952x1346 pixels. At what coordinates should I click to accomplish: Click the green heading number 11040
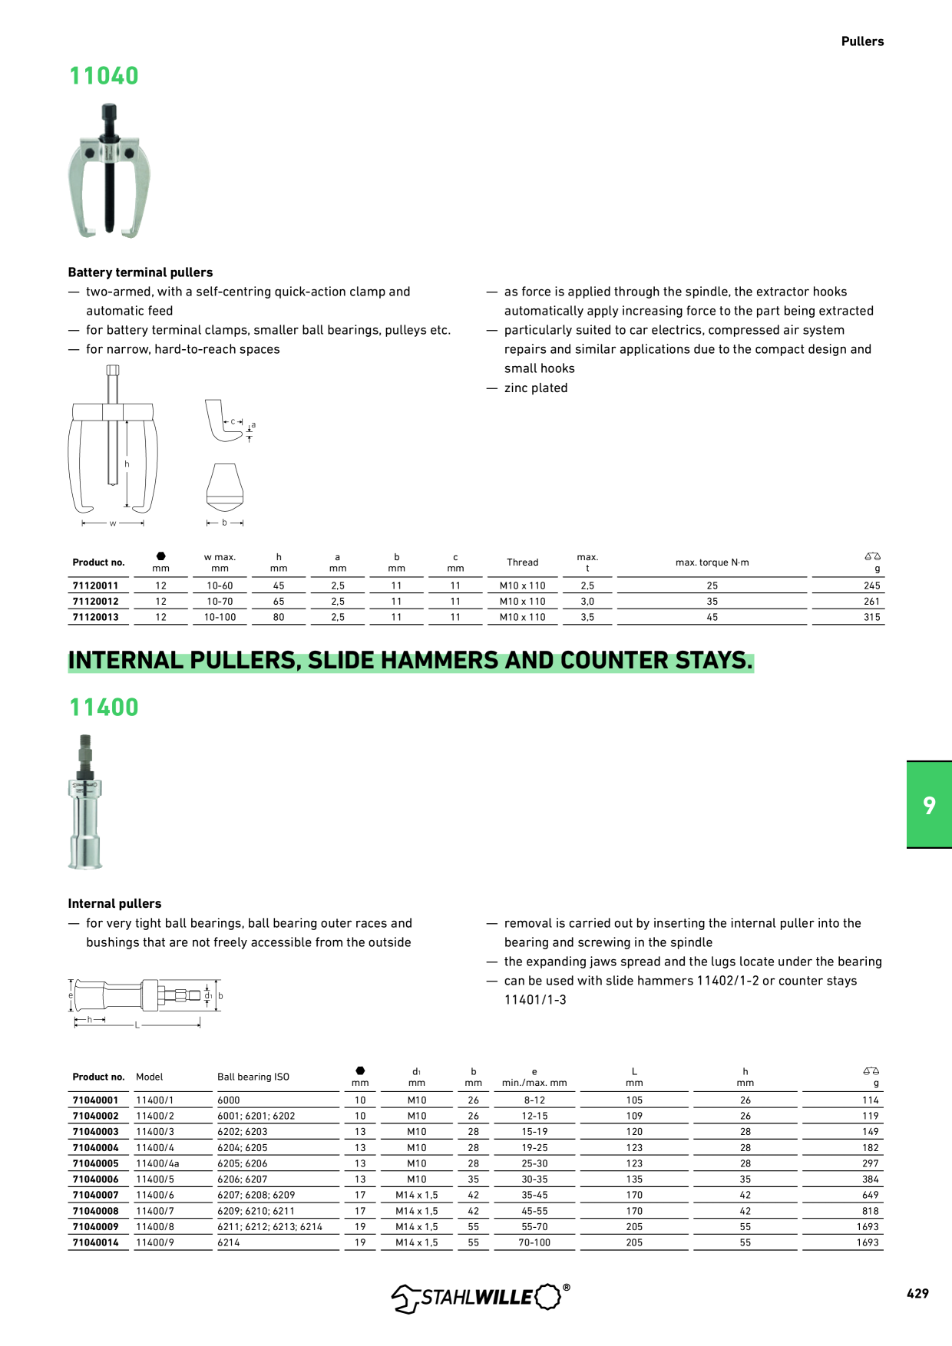click(x=104, y=76)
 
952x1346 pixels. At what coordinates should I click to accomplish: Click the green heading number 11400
click(x=104, y=708)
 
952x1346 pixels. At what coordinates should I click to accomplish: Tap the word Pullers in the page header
click(x=862, y=41)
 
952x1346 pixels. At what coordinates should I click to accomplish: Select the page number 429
click(x=917, y=1293)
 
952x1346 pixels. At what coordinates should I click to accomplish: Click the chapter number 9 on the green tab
click(x=930, y=805)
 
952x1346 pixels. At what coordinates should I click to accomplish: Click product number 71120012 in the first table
click(x=96, y=602)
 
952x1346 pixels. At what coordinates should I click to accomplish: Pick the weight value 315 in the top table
click(x=871, y=617)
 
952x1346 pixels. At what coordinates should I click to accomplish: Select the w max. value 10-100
click(x=220, y=617)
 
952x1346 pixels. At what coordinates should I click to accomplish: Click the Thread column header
click(x=522, y=562)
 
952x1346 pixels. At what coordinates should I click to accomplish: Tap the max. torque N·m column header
click(x=712, y=562)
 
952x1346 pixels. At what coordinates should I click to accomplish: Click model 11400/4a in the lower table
click(x=157, y=1163)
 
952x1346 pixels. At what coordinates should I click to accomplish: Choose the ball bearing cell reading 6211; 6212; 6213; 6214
click(x=269, y=1227)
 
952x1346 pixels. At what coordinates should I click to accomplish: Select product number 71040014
click(x=96, y=1242)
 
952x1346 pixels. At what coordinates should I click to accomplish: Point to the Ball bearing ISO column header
click(x=253, y=1077)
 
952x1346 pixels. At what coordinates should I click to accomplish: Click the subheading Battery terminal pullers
click(x=140, y=272)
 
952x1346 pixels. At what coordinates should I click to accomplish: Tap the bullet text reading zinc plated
click(x=536, y=388)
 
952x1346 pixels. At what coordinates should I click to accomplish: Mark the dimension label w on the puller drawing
click(x=113, y=523)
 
